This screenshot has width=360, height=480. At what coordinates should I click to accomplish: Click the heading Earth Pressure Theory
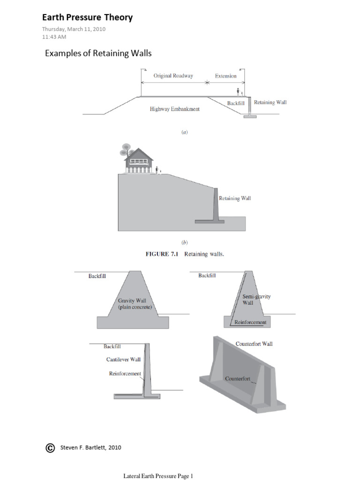pos(87,18)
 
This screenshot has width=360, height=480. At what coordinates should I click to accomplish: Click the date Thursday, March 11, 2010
pos(74,29)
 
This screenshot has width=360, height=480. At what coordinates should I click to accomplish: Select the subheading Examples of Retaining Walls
pos(98,53)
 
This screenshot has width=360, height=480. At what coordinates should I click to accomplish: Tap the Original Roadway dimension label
pos(173,76)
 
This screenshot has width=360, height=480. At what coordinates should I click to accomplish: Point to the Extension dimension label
pos(225,76)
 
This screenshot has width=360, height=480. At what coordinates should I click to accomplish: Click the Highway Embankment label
pos(175,109)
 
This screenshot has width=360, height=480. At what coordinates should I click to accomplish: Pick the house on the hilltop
pos(139,161)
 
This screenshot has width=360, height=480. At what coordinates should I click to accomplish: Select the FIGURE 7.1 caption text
pos(184,255)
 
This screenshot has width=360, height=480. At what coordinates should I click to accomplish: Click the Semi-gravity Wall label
pos(256,300)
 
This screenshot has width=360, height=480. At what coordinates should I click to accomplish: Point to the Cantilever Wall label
pos(123,360)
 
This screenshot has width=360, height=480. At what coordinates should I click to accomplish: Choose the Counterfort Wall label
pos(254,344)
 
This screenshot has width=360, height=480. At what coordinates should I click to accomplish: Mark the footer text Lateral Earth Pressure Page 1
pos(158,476)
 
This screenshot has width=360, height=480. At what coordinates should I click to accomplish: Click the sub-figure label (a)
pos(184,133)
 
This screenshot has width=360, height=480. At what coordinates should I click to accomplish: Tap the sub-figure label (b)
pos(184,242)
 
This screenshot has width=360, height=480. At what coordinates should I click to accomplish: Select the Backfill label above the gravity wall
pos(97,276)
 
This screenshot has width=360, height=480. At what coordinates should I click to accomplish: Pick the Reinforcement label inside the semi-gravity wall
pos(250,322)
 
